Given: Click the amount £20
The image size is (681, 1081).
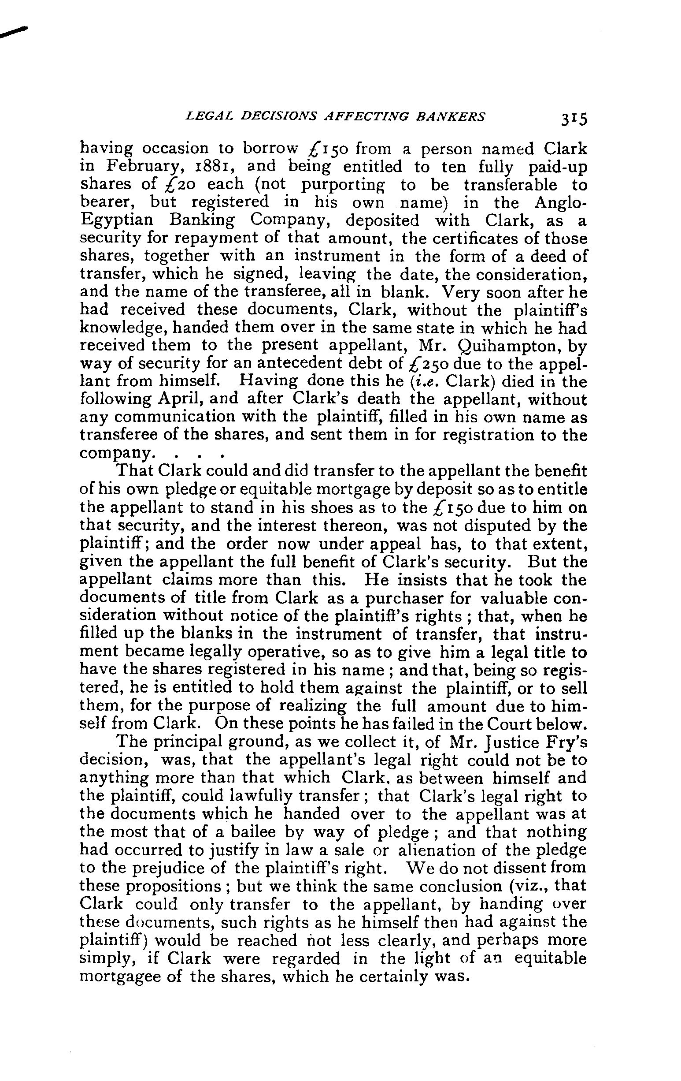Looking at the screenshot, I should click(177, 185).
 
